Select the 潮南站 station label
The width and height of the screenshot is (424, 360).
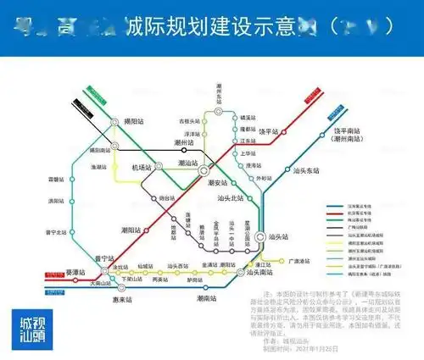click(202, 298)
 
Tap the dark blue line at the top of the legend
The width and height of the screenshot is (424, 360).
click(332, 204)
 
